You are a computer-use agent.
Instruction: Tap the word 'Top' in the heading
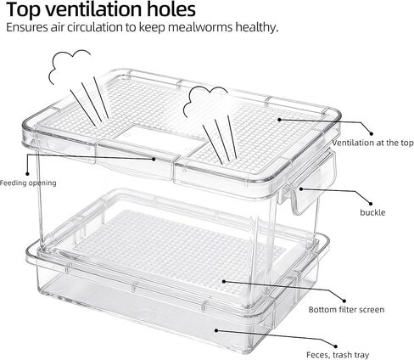click(x=24, y=10)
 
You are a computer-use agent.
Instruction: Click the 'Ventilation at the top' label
click(x=373, y=143)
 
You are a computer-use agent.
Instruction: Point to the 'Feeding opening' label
click(x=28, y=183)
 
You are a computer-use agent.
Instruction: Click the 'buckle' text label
click(x=372, y=212)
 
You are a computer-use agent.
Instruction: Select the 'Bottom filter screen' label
click(x=346, y=309)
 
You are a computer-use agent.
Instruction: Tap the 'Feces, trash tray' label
click(x=338, y=355)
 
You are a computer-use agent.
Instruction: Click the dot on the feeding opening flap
click(x=154, y=159)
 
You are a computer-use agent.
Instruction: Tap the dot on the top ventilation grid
click(x=279, y=120)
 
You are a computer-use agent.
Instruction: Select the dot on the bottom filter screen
click(x=223, y=281)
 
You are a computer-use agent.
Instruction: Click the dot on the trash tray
click(x=216, y=330)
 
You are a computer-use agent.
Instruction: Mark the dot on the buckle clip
click(x=301, y=188)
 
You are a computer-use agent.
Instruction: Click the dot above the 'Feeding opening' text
click(x=27, y=173)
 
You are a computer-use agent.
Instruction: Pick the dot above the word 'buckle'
click(x=371, y=203)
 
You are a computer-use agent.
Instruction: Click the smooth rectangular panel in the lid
click(x=160, y=138)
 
